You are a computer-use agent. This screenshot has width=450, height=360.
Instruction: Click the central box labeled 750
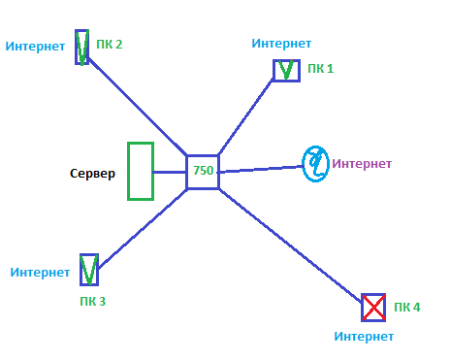coord(187,172)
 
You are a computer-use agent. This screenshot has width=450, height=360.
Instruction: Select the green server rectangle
coord(129,171)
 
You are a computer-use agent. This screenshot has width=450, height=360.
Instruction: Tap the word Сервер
coord(92,174)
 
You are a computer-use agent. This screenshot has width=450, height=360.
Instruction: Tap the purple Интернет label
coord(362,164)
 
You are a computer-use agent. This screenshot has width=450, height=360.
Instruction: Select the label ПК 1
coord(320,69)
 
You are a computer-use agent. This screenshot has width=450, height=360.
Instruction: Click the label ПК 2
coord(110,45)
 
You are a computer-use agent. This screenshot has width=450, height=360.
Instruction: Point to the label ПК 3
coord(93,301)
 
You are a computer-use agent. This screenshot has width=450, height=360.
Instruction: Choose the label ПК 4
coord(407,307)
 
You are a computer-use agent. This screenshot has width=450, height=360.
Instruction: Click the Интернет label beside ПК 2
coord(35,47)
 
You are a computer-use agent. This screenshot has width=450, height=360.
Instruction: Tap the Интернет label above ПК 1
coord(281,44)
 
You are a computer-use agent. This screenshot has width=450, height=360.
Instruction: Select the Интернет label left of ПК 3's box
coord(40,273)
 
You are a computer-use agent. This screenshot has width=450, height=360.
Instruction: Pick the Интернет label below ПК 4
coord(364,337)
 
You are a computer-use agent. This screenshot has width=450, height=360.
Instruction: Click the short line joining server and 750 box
coord(170,172)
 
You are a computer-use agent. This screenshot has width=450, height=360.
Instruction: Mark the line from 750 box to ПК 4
coord(290,245)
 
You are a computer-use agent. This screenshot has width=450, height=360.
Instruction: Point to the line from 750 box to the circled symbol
coord(261,169)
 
